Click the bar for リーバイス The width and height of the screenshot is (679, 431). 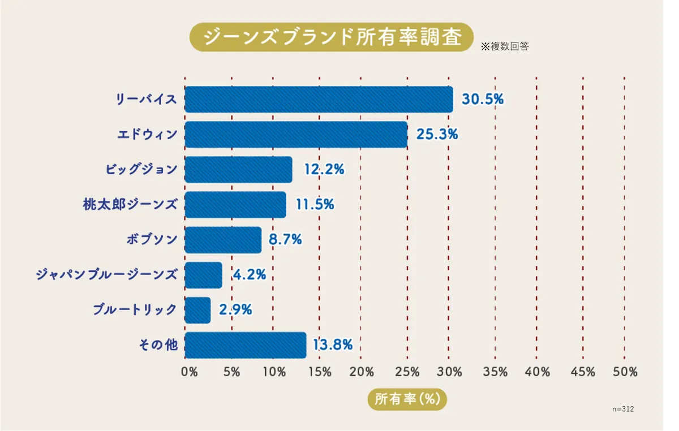click(x=319, y=100)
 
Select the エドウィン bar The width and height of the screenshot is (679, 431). click(x=296, y=135)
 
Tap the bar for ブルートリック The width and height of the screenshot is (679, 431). click(x=197, y=310)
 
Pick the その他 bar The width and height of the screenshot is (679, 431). click(x=245, y=345)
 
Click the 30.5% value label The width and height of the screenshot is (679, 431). click(x=483, y=100)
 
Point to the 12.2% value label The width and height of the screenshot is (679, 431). click(x=324, y=170)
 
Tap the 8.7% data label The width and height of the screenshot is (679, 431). click(x=285, y=240)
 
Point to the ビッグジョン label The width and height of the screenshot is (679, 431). click(x=141, y=170)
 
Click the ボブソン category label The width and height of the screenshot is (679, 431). click(x=152, y=240)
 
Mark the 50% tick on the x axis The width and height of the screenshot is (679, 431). click(x=625, y=372)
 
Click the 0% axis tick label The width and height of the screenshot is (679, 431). click(x=189, y=372)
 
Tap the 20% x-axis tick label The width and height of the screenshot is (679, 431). click(x=362, y=372)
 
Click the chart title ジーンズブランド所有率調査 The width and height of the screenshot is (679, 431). click(x=332, y=37)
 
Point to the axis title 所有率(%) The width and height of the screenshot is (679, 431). click(x=407, y=399)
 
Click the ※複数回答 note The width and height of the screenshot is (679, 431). click(x=505, y=47)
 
